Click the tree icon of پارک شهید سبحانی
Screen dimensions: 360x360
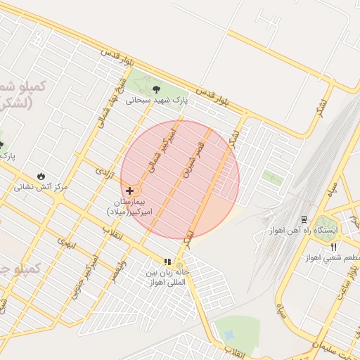[x=155, y=89]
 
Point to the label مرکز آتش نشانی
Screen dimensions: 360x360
[x=41, y=188]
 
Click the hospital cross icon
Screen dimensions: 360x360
[x=130, y=191]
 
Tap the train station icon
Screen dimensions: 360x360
[x=304, y=219]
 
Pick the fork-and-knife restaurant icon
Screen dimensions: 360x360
[x=333, y=247]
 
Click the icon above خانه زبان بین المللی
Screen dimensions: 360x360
[x=167, y=262]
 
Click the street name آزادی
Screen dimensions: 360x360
[x=104, y=171]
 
